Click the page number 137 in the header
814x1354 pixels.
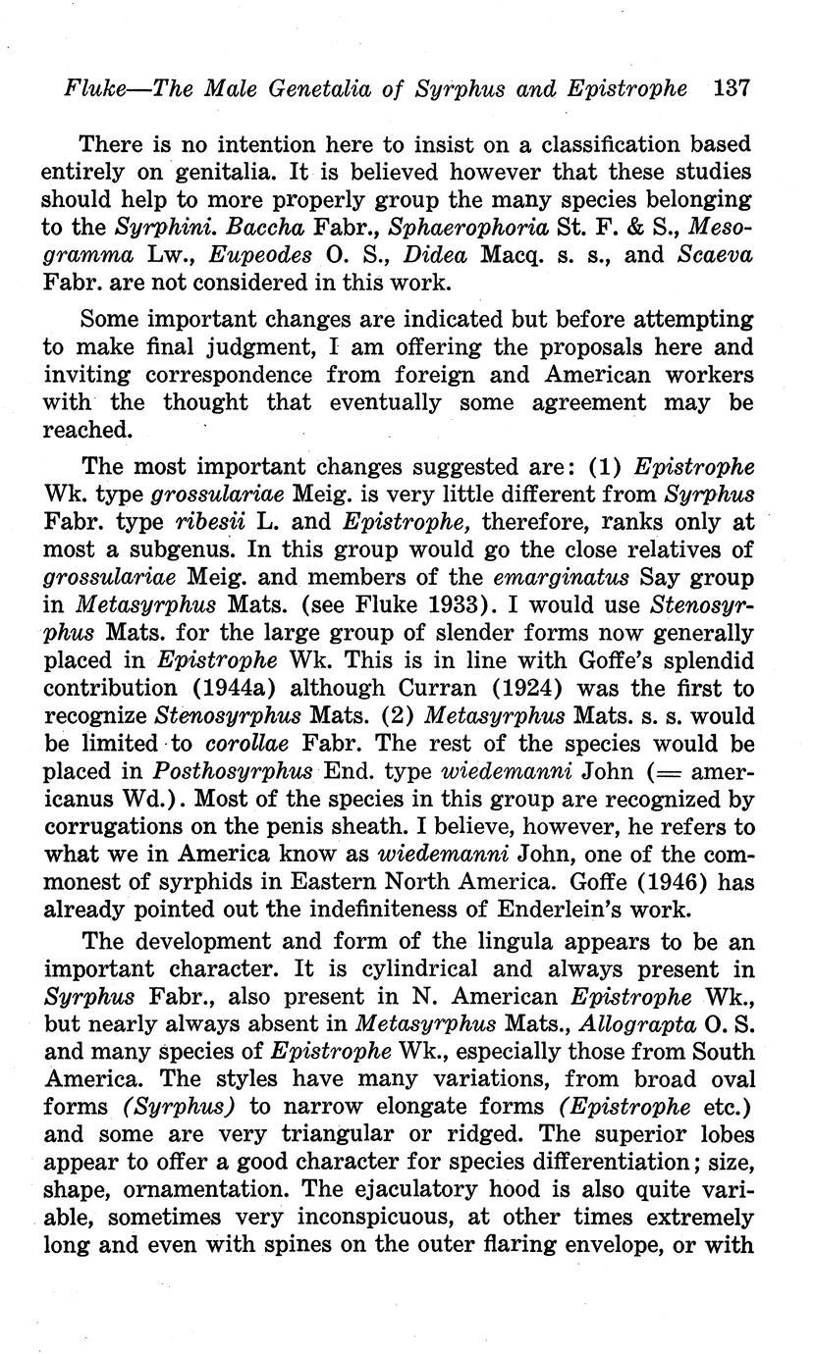733,87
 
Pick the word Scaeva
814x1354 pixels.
714,256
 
